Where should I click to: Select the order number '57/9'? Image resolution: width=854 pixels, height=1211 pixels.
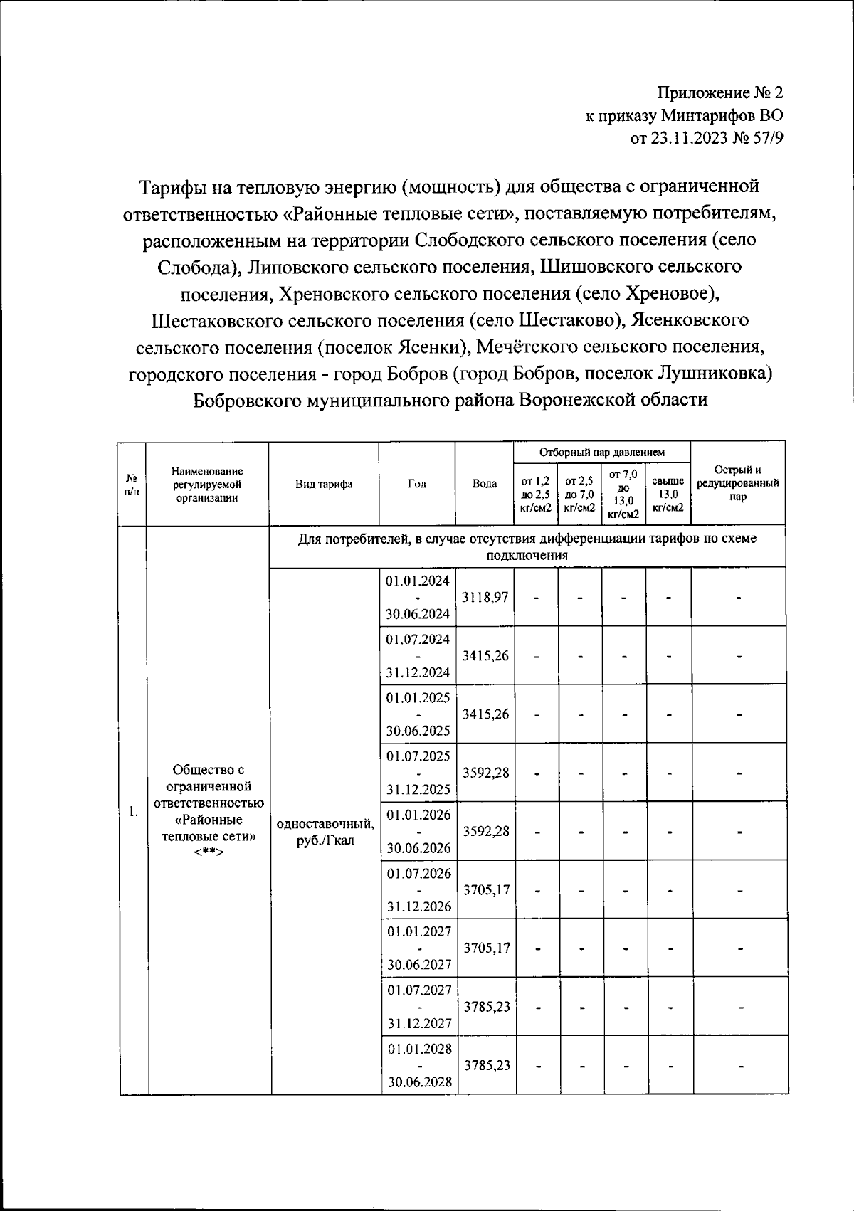click(x=766, y=139)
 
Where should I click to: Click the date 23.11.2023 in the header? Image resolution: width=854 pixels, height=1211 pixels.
click(x=687, y=139)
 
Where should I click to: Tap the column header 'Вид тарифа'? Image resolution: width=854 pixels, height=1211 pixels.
click(x=324, y=484)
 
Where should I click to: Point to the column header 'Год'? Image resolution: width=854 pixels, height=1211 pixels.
click(x=417, y=484)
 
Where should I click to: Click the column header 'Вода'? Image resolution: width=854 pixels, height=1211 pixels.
click(x=485, y=484)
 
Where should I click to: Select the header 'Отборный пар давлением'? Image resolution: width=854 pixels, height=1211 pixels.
click(x=601, y=452)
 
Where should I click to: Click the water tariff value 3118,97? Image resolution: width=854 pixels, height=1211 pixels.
click(x=485, y=597)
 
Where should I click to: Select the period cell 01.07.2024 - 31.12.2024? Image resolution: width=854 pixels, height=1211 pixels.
click(x=418, y=655)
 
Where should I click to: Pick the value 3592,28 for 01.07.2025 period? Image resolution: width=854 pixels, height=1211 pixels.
click(x=485, y=772)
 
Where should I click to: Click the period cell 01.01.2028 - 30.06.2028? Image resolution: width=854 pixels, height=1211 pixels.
click(x=418, y=1065)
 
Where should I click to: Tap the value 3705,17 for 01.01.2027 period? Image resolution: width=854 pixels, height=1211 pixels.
click(x=486, y=948)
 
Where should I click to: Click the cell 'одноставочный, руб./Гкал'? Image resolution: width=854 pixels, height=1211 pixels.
click(x=325, y=832)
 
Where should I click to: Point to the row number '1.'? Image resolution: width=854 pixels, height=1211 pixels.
click(x=133, y=811)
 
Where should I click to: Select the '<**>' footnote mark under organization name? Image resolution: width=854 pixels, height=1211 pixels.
click(x=208, y=852)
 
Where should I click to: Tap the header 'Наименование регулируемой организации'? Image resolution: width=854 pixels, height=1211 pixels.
click(x=207, y=484)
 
